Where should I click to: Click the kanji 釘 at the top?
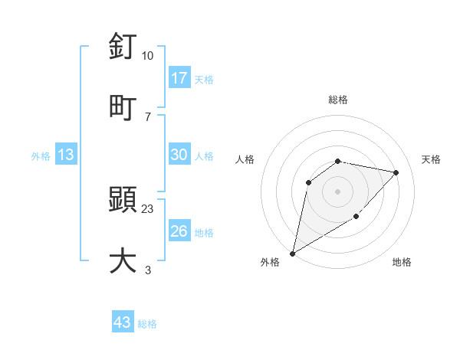(123, 47)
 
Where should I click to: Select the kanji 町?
(123, 106)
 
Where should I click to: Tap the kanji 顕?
(123, 201)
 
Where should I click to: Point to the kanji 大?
(123, 260)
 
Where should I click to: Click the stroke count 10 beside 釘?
(147, 56)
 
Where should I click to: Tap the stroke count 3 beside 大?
(147, 269)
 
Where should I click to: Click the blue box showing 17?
(179, 77)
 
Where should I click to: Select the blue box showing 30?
(179, 155)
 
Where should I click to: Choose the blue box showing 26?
(179, 231)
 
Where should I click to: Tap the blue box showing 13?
(66, 155)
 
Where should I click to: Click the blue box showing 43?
(123, 322)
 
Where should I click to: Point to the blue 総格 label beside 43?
(147, 324)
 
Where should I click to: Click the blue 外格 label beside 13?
(41, 156)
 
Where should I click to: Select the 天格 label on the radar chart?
(431, 159)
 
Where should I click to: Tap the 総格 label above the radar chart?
(338, 100)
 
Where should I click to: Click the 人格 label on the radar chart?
(245, 159)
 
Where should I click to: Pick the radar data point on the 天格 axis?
(396, 172)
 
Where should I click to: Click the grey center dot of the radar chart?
(338, 191)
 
